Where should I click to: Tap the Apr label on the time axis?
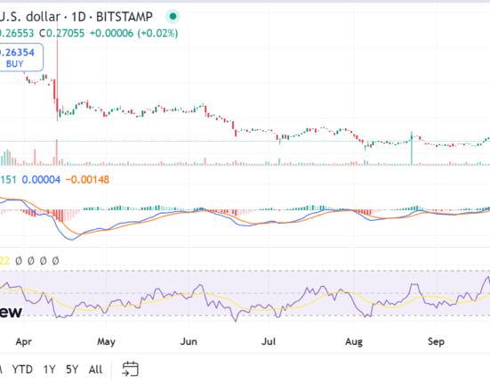point(24,340)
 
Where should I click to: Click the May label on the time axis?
point(106,340)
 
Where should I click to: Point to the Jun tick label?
point(189,340)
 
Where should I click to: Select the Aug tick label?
point(353,340)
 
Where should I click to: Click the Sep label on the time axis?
point(437,340)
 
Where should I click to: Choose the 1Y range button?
point(50,369)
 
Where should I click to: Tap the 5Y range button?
point(72,369)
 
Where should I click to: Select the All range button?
point(95,369)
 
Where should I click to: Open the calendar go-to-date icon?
point(131,369)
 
